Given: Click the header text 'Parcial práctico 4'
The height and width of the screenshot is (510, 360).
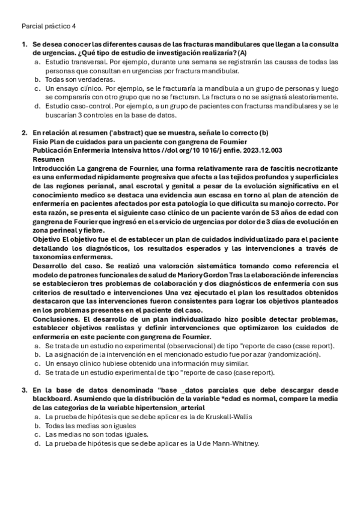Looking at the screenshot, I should click(x=48, y=26).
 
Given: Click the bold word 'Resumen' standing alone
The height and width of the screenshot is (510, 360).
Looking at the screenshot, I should click(x=48, y=159).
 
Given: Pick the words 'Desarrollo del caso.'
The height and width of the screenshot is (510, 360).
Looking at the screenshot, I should click(x=67, y=265).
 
